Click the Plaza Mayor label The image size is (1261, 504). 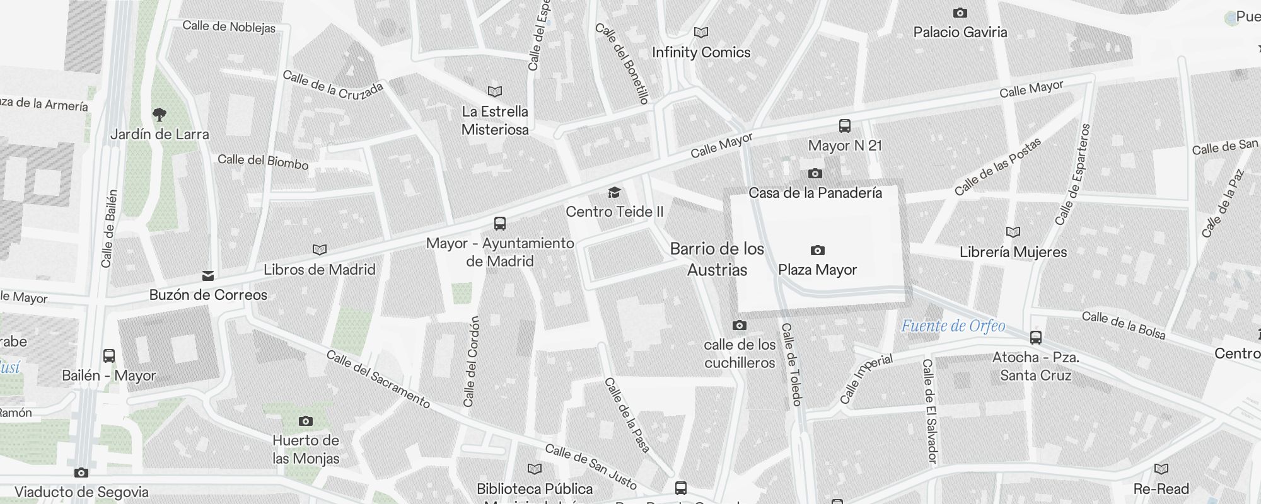pos(817,270)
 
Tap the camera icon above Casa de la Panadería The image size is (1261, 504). pos(815,173)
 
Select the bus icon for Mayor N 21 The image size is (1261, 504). pos(845,125)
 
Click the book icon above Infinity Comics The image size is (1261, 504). pos(700,32)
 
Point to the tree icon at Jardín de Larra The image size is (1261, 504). pos(160,114)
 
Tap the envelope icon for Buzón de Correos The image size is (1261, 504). pos(208,275)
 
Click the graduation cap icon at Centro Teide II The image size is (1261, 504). pos(614,192)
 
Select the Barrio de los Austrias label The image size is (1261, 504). pos(717,259)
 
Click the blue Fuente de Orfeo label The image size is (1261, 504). pos(953,326)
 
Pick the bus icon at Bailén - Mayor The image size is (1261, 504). pos(109,356)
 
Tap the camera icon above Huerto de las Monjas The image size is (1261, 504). pos(306,421)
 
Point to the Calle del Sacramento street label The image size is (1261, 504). pos(378,379)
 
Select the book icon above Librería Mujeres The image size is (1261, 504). pos(1013,232)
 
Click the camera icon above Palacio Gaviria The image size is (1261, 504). pos(960,13)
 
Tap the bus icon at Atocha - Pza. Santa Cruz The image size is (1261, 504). pos(1035,337)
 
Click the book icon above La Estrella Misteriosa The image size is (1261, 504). pos(495,91)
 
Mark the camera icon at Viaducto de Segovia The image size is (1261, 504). pos(81,472)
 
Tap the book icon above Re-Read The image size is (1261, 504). pos(1161,469)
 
